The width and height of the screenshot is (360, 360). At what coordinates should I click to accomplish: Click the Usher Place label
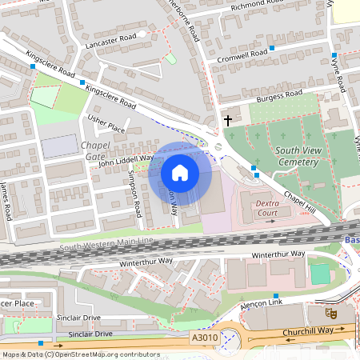click(106, 123)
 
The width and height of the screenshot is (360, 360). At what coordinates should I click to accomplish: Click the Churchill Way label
click(308, 329)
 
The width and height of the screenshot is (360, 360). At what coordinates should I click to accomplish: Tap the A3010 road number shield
click(205, 339)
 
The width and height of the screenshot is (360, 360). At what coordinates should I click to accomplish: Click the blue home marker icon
click(180, 172)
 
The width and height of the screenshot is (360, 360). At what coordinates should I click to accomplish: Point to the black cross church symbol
click(228, 121)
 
